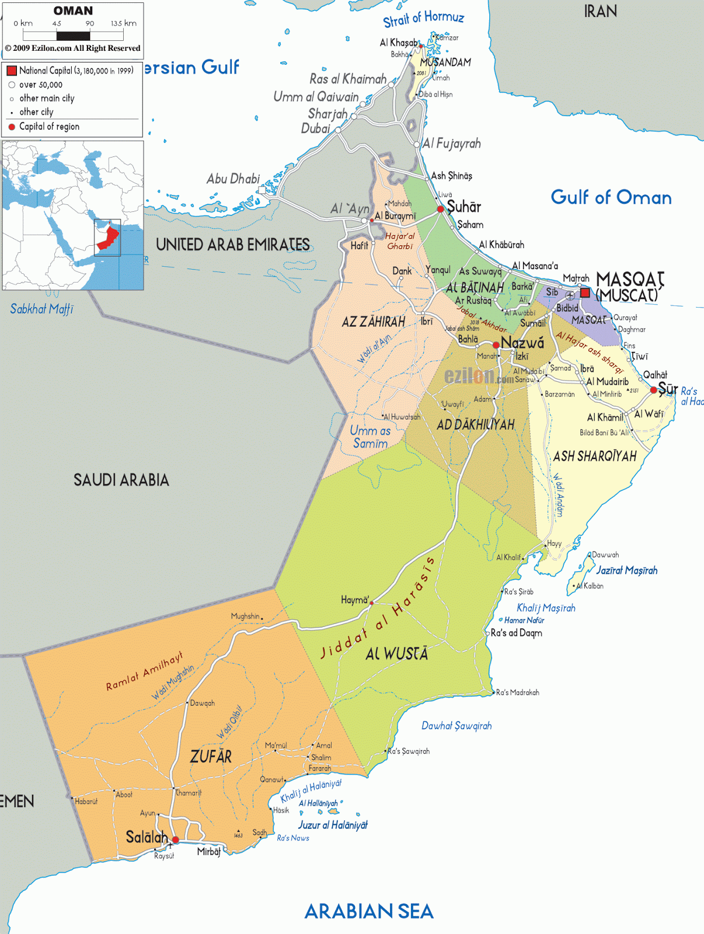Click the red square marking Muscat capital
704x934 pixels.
(585, 293)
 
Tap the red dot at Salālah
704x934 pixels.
(175, 839)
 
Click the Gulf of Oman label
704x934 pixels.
(611, 197)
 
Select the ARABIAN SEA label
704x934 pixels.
(369, 911)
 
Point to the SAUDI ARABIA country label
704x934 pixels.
(121, 480)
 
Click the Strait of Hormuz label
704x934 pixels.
(423, 19)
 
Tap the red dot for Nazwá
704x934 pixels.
(496, 345)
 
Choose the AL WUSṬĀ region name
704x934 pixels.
(397, 654)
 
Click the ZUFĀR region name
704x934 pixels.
(211, 757)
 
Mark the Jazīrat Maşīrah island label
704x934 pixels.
(626, 570)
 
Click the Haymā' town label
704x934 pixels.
(355, 600)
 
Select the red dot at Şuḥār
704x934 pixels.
(441, 209)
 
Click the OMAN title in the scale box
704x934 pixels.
(73, 11)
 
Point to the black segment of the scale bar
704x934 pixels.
(73, 36)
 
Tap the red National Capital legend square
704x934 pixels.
(12, 71)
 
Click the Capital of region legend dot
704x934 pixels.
(12, 127)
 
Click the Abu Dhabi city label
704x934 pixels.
(233, 179)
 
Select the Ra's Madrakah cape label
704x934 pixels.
(517, 692)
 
